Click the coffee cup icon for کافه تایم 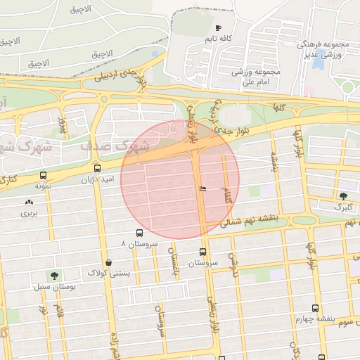218,27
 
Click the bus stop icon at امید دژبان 97,169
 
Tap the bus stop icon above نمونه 44,175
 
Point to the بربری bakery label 28,212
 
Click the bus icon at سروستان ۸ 139,233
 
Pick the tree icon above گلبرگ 343,196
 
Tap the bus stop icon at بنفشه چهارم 314,308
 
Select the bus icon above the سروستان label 203,252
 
